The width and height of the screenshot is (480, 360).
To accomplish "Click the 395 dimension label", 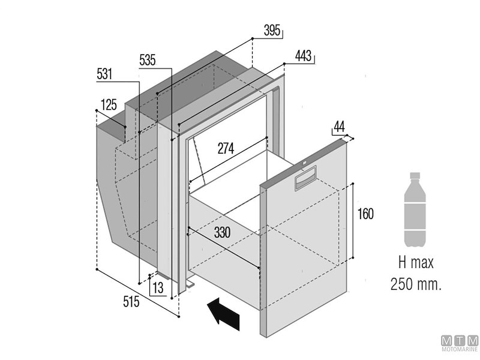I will (272, 31).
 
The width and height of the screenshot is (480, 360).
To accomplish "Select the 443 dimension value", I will (304, 56).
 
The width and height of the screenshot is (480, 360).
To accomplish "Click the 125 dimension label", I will (108, 106).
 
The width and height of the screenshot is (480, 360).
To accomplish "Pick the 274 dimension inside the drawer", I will (226, 148).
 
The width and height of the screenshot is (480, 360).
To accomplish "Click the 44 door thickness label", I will (339, 126).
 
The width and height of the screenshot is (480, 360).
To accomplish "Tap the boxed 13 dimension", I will (157, 288).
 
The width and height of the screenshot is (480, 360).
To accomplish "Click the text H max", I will (415, 263).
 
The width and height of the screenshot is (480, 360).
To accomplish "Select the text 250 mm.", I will (415, 283).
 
